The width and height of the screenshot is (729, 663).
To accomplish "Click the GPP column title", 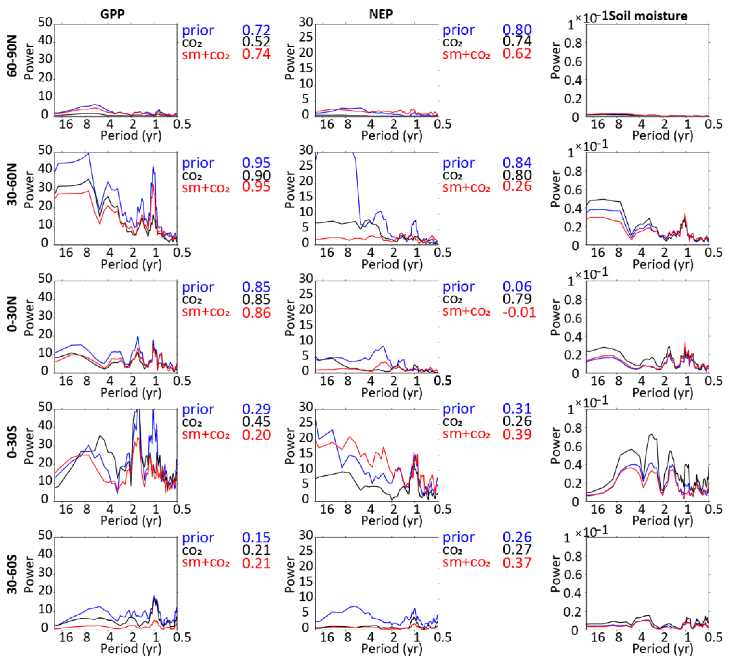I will pyautogui.click(x=112, y=14).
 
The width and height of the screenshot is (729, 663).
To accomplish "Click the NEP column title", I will pyautogui.click(x=381, y=14).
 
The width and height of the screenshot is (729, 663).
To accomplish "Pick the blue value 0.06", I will pyautogui.click(x=517, y=287).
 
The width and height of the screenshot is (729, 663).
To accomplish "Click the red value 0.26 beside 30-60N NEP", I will pyautogui.click(x=517, y=187).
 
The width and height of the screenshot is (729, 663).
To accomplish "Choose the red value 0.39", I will pyautogui.click(x=517, y=434).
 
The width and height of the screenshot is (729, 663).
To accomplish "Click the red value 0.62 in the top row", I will pyautogui.click(x=517, y=54).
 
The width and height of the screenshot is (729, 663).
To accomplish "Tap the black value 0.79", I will pyautogui.click(x=517, y=299).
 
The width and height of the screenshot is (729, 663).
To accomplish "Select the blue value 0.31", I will pyautogui.click(x=517, y=409).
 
